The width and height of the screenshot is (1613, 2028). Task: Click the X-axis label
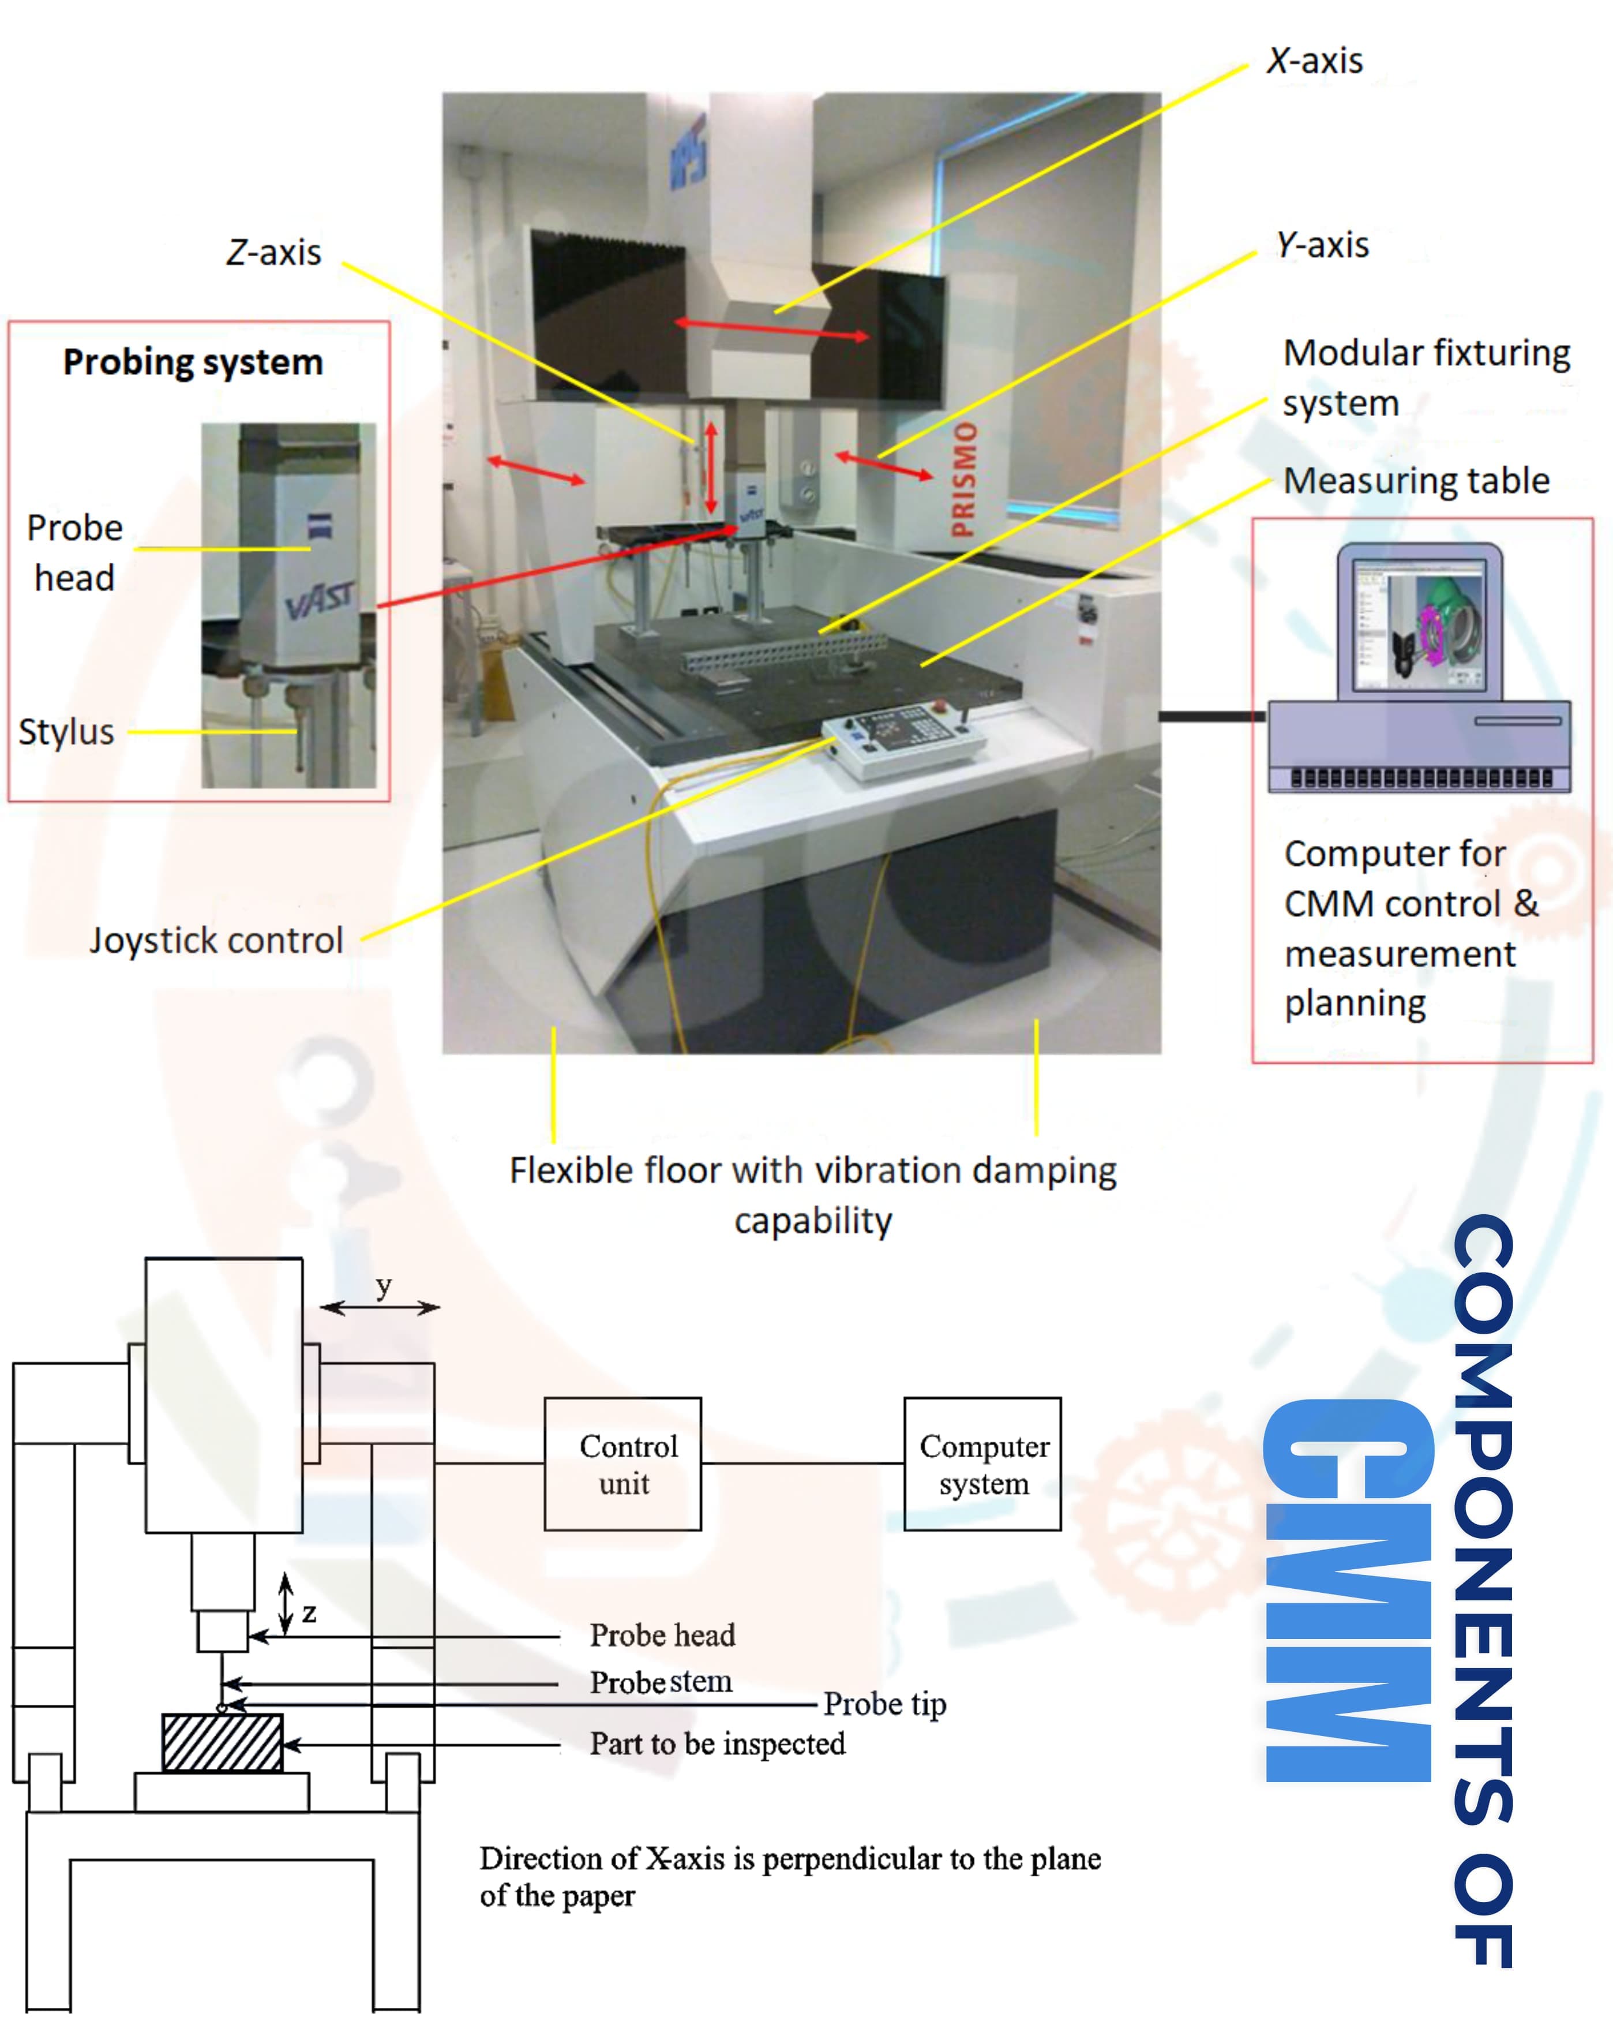tap(1314, 61)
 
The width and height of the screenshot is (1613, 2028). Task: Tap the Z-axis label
tap(273, 252)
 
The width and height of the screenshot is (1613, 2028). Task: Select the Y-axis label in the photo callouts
tap(1322, 245)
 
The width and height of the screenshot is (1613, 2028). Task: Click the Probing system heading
tap(193, 362)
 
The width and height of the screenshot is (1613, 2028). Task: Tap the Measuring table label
tap(1416, 481)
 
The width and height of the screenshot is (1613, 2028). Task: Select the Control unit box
tap(622, 1464)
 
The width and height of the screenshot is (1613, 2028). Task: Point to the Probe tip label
tap(884, 1704)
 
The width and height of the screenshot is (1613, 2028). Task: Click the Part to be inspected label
tap(717, 1743)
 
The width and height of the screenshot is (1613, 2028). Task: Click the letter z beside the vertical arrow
tap(309, 1614)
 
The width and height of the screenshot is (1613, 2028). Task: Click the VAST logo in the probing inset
tap(320, 601)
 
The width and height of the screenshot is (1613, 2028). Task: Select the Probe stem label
tap(660, 1682)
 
